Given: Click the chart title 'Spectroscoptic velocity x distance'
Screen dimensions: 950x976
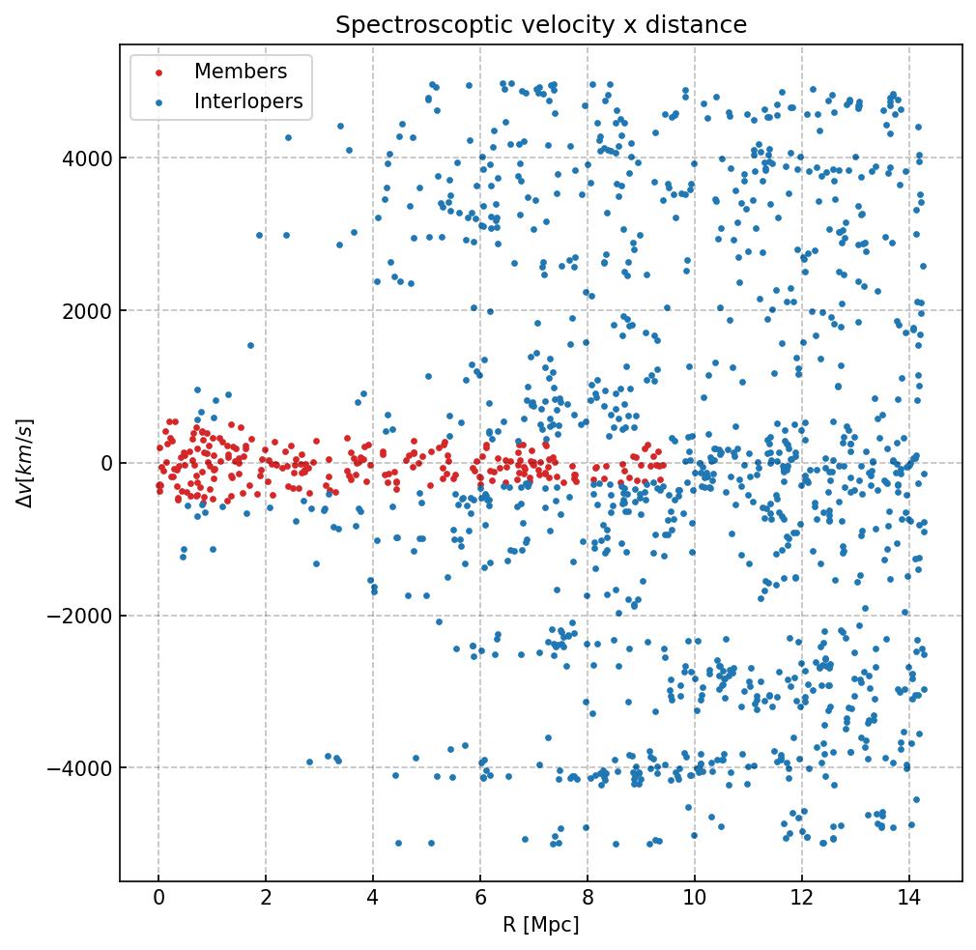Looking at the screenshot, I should click(x=541, y=25).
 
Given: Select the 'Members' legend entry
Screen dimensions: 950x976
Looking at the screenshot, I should click(x=241, y=72).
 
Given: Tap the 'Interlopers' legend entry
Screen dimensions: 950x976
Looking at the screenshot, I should click(x=248, y=101).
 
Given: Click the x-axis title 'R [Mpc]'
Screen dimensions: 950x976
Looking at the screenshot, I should click(x=541, y=925).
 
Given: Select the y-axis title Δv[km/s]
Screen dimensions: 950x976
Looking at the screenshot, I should click(x=28, y=463).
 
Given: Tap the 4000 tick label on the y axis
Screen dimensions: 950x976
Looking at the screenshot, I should click(x=87, y=158).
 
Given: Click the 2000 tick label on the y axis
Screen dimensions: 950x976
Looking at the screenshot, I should click(x=87, y=310).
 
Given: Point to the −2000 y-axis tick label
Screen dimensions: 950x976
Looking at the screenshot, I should click(x=82, y=616).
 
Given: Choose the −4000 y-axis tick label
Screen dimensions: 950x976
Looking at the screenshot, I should click(x=82, y=768).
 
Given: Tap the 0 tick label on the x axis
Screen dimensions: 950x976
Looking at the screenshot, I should click(x=158, y=900).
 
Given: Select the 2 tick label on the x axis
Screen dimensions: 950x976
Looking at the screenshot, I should click(x=266, y=900).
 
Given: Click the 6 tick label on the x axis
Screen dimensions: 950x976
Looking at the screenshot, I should click(x=480, y=900).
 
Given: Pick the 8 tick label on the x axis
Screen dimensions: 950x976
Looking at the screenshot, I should click(x=588, y=900).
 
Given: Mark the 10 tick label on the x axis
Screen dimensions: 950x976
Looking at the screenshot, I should click(x=695, y=900).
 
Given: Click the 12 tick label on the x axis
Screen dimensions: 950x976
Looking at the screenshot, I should click(x=802, y=900).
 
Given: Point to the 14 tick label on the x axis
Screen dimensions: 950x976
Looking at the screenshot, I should click(x=909, y=900).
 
